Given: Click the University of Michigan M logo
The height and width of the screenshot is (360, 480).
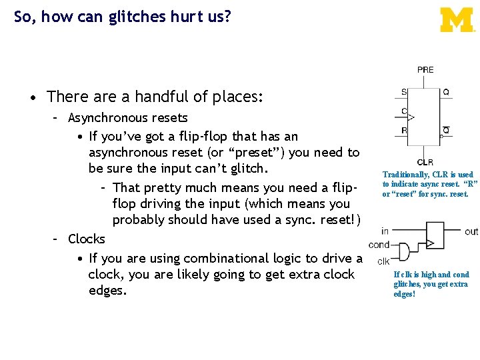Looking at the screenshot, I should tap(457, 20).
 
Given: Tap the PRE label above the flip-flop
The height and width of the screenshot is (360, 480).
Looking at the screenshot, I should tap(425, 70).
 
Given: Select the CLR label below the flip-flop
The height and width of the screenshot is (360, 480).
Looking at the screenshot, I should tap(425, 162).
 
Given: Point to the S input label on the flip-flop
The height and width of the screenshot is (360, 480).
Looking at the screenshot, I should tap(403, 93).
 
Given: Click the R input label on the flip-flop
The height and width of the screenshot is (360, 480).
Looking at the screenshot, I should tap(404, 131).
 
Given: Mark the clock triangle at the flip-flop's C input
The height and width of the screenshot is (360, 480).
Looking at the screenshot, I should tap(411, 117).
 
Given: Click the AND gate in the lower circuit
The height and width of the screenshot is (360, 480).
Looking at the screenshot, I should tap(402, 252).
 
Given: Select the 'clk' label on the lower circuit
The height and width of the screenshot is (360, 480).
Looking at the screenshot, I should tap(383, 261).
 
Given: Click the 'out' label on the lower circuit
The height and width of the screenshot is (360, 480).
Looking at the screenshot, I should tap(471, 231).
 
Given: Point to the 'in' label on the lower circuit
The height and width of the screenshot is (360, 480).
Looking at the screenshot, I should tap(385, 231).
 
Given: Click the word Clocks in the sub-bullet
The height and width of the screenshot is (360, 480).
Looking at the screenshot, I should tap(87, 239).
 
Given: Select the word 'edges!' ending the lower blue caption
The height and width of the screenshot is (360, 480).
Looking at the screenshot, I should tap(405, 294).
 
